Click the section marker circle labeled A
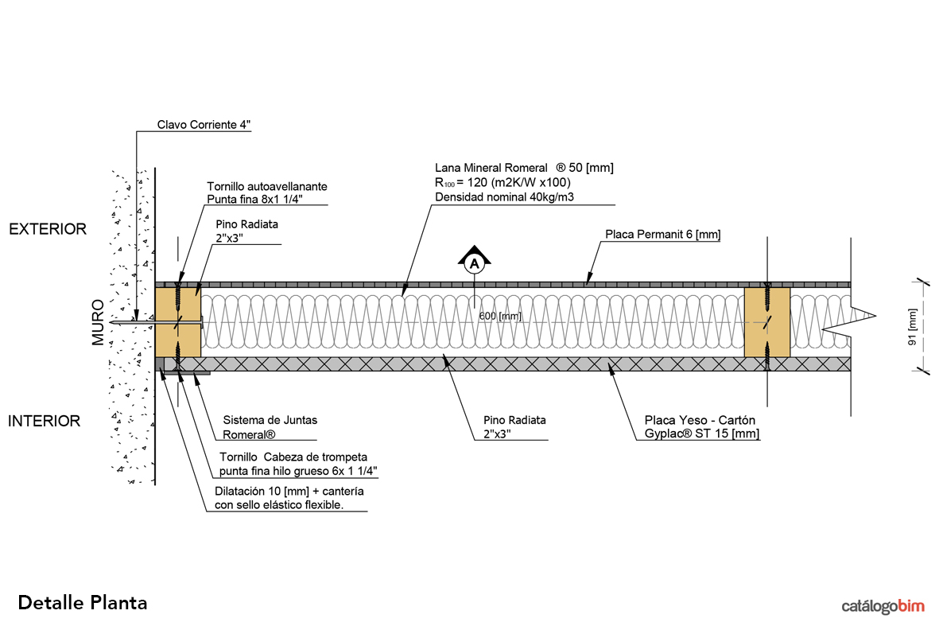(475, 264)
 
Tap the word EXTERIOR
(47, 229)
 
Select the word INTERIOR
(45, 421)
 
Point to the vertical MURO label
(98, 321)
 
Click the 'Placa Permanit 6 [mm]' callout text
(662, 234)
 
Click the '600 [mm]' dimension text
(500, 316)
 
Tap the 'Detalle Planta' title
(83, 602)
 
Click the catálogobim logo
(883, 606)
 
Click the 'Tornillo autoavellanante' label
(267, 186)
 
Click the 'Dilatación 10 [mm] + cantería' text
(289, 491)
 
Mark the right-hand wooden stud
(766, 322)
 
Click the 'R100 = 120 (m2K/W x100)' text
(502, 182)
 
